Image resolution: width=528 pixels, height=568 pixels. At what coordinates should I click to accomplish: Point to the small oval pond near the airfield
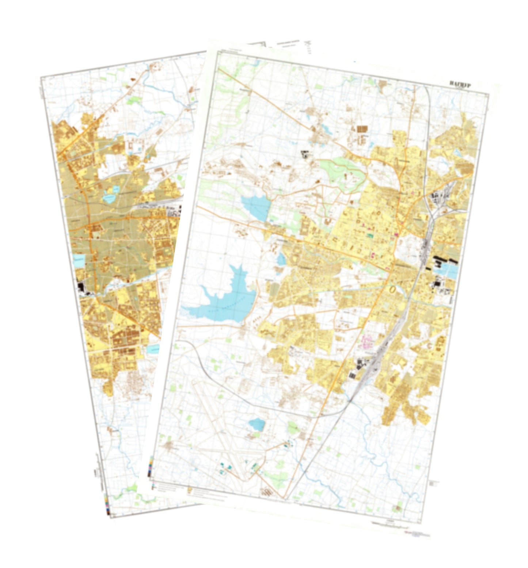257,424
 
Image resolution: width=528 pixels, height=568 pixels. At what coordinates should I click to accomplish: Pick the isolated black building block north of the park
304,154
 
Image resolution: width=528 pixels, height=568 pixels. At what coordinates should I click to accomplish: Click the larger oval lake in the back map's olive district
109,199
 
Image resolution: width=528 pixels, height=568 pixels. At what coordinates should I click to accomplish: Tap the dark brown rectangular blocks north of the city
362,128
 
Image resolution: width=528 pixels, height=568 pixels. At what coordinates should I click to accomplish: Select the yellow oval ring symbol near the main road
393,289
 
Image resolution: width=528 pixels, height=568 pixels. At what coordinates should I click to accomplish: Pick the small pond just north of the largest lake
281,259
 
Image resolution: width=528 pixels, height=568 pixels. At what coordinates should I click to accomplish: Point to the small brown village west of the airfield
169,446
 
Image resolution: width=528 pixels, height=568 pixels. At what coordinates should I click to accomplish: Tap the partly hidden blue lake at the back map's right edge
153,349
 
